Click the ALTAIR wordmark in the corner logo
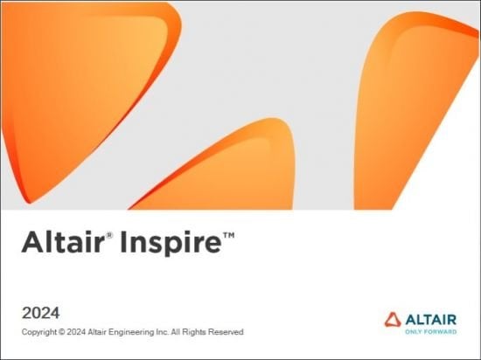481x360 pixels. (x=430, y=319)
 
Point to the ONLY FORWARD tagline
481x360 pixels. (x=429, y=332)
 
